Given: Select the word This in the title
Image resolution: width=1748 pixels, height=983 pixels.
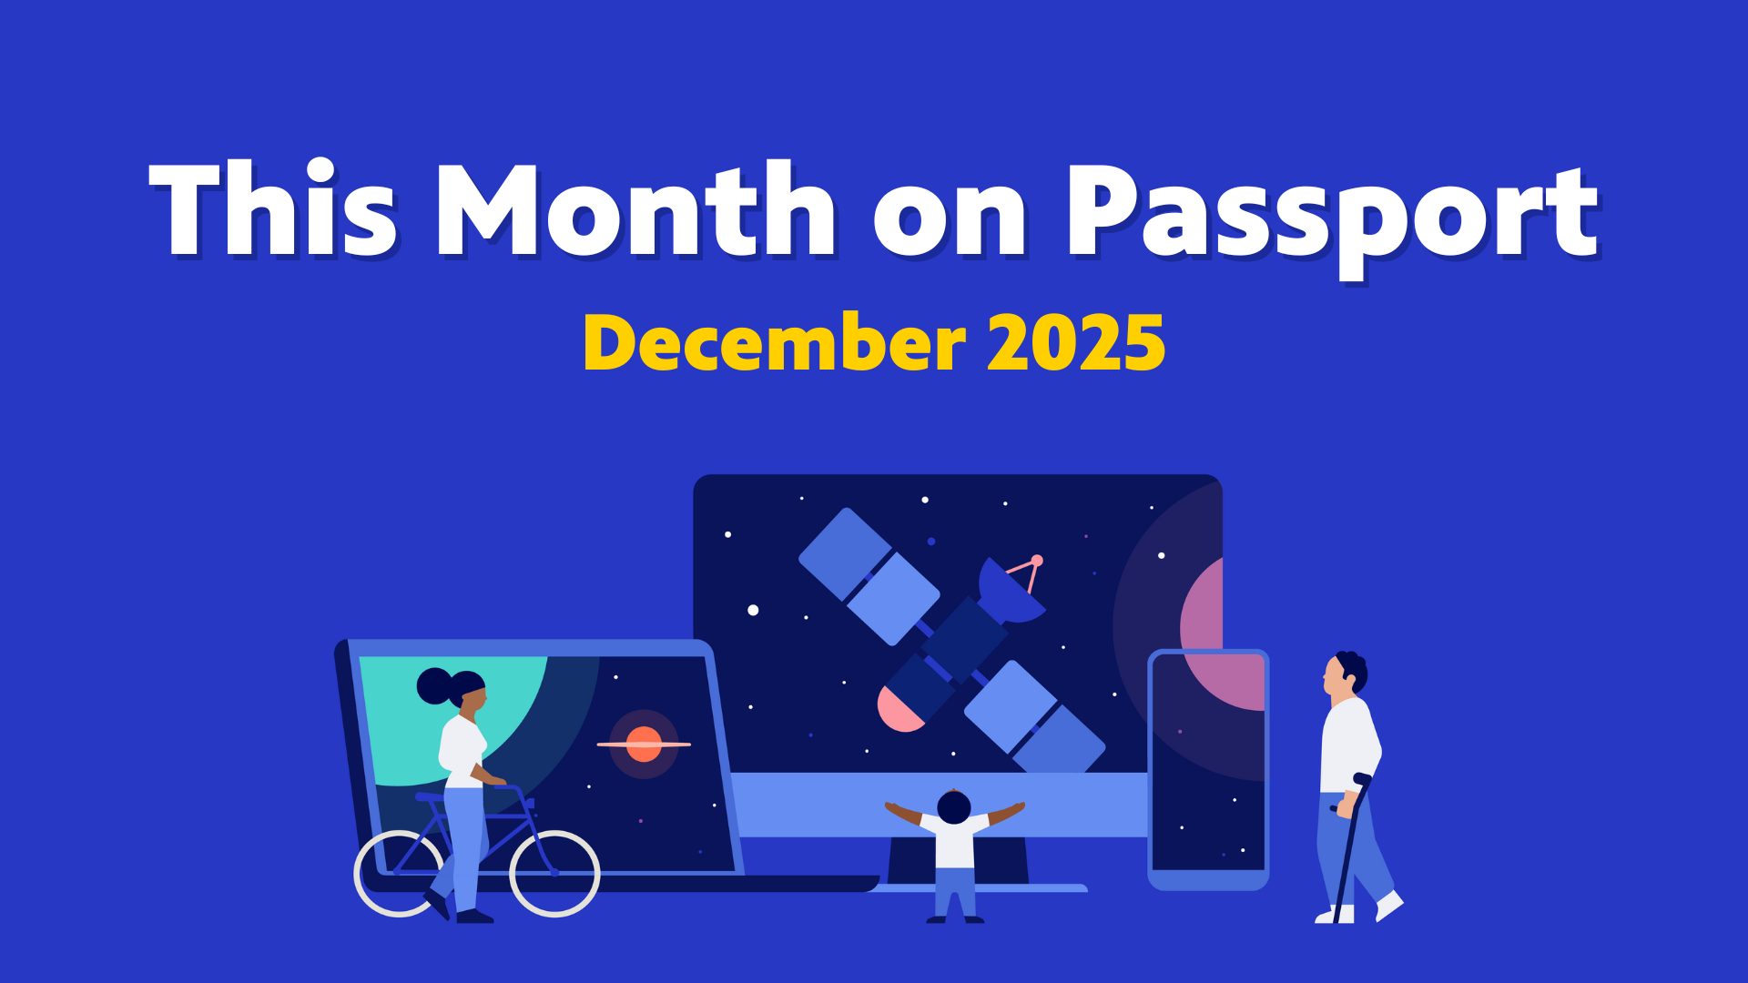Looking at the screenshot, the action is point(273,209).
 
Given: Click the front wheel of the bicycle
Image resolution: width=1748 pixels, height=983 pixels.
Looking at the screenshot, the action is point(554,873).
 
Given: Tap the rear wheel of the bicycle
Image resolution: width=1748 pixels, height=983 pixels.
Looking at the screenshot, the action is point(398,873).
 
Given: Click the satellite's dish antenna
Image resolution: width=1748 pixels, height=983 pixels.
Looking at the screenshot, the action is point(1011,592).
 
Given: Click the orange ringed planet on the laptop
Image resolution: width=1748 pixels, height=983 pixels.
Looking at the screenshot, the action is point(644,745).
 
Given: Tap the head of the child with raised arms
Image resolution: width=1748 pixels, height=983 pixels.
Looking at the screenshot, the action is point(953,806).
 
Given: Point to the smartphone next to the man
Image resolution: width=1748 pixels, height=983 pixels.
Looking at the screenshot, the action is point(1208,770).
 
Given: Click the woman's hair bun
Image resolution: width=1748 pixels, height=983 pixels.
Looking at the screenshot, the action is point(434,686).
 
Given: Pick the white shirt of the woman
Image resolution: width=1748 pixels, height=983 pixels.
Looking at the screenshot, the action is point(462,751).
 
